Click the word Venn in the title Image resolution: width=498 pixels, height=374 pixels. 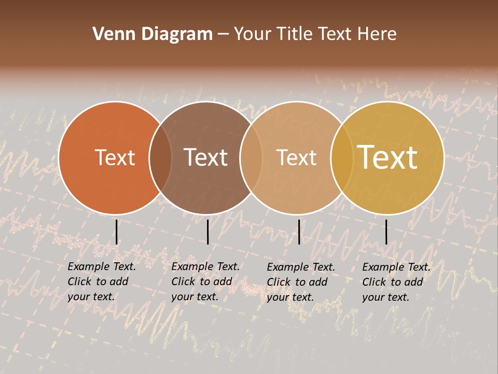110,34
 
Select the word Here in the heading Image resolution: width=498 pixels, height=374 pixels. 377,34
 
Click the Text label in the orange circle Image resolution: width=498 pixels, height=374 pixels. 115,158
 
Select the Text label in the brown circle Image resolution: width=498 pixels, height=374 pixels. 205,158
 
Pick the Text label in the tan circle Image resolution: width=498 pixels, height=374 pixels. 296,158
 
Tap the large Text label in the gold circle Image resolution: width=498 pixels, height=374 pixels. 388,157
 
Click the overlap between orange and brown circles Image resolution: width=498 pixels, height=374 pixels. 160,158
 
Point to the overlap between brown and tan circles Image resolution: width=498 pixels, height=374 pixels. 251,158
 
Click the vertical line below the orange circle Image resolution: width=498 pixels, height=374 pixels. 116,232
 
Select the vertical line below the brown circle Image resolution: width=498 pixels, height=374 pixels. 208,232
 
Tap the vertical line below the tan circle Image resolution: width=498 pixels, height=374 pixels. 299,232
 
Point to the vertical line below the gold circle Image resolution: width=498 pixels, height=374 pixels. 386,232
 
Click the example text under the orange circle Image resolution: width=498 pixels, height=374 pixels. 101,282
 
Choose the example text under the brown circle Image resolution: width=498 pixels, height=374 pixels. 205,282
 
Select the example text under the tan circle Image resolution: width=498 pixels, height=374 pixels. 300,282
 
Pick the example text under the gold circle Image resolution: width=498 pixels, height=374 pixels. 396,282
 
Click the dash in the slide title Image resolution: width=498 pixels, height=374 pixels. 223,35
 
